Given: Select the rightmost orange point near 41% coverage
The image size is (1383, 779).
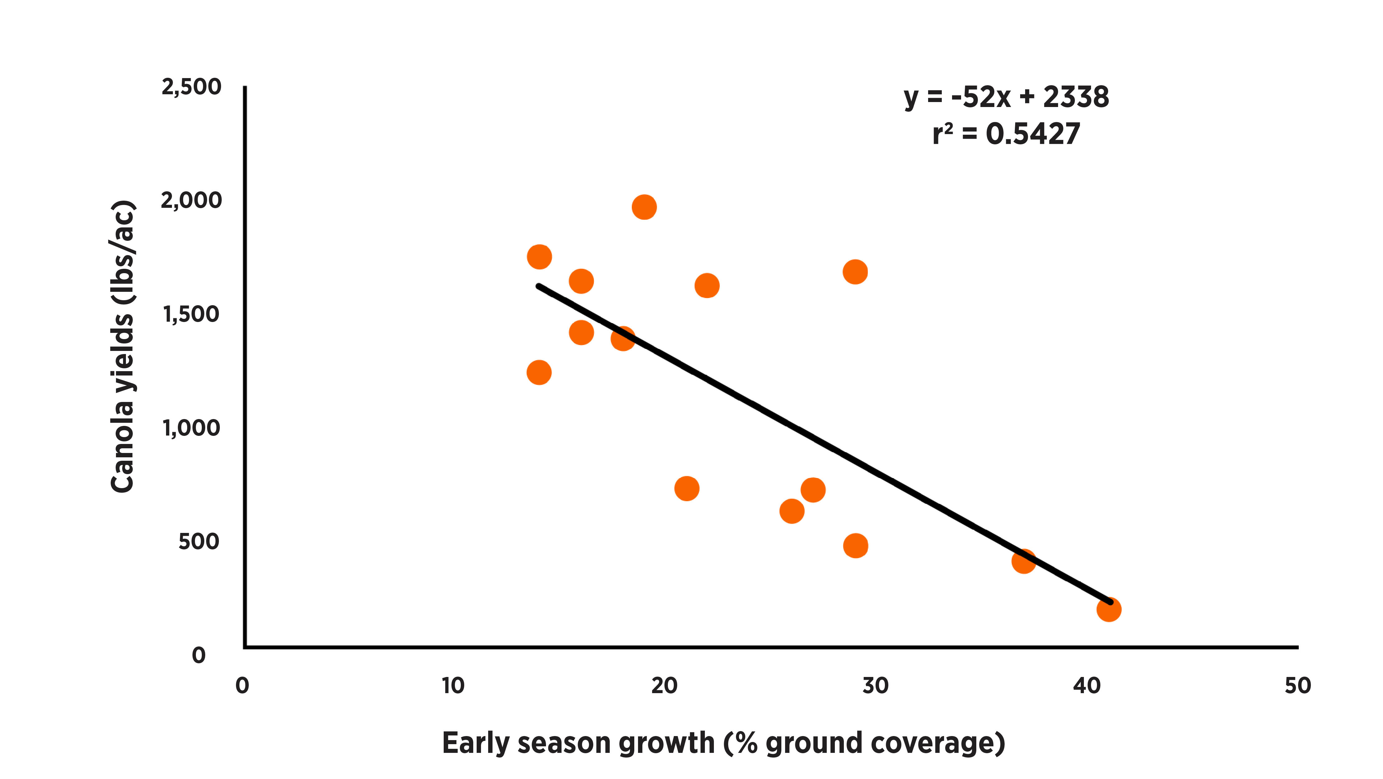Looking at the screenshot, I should pyautogui.click(x=1108, y=609).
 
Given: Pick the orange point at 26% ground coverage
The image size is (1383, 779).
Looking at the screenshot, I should pyautogui.click(x=791, y=511).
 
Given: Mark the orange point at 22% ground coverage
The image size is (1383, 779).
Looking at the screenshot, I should pyautogui.click(x=706, y=285).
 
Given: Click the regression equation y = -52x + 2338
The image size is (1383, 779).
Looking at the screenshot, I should pyautogui.click(x=1006, y=97).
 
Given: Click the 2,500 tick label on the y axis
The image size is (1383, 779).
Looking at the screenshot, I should pyautogui.click(x=191, y=87).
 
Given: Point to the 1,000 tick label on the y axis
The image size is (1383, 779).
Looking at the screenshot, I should pyautogui.click(x=191, y=428).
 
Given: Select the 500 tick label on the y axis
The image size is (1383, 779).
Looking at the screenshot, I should pyautogui.click(x=199, y=542).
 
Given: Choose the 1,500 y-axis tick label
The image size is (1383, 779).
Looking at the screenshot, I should pyautogui.click(x=191, y=314).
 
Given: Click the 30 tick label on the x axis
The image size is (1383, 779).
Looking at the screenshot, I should pyautogui.click(x=875, y=686).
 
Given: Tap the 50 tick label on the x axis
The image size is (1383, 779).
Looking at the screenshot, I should pyautogui.click(x=1297, y=686).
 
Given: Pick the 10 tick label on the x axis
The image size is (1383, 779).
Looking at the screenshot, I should pyautogui.click(x=453, y=686).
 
